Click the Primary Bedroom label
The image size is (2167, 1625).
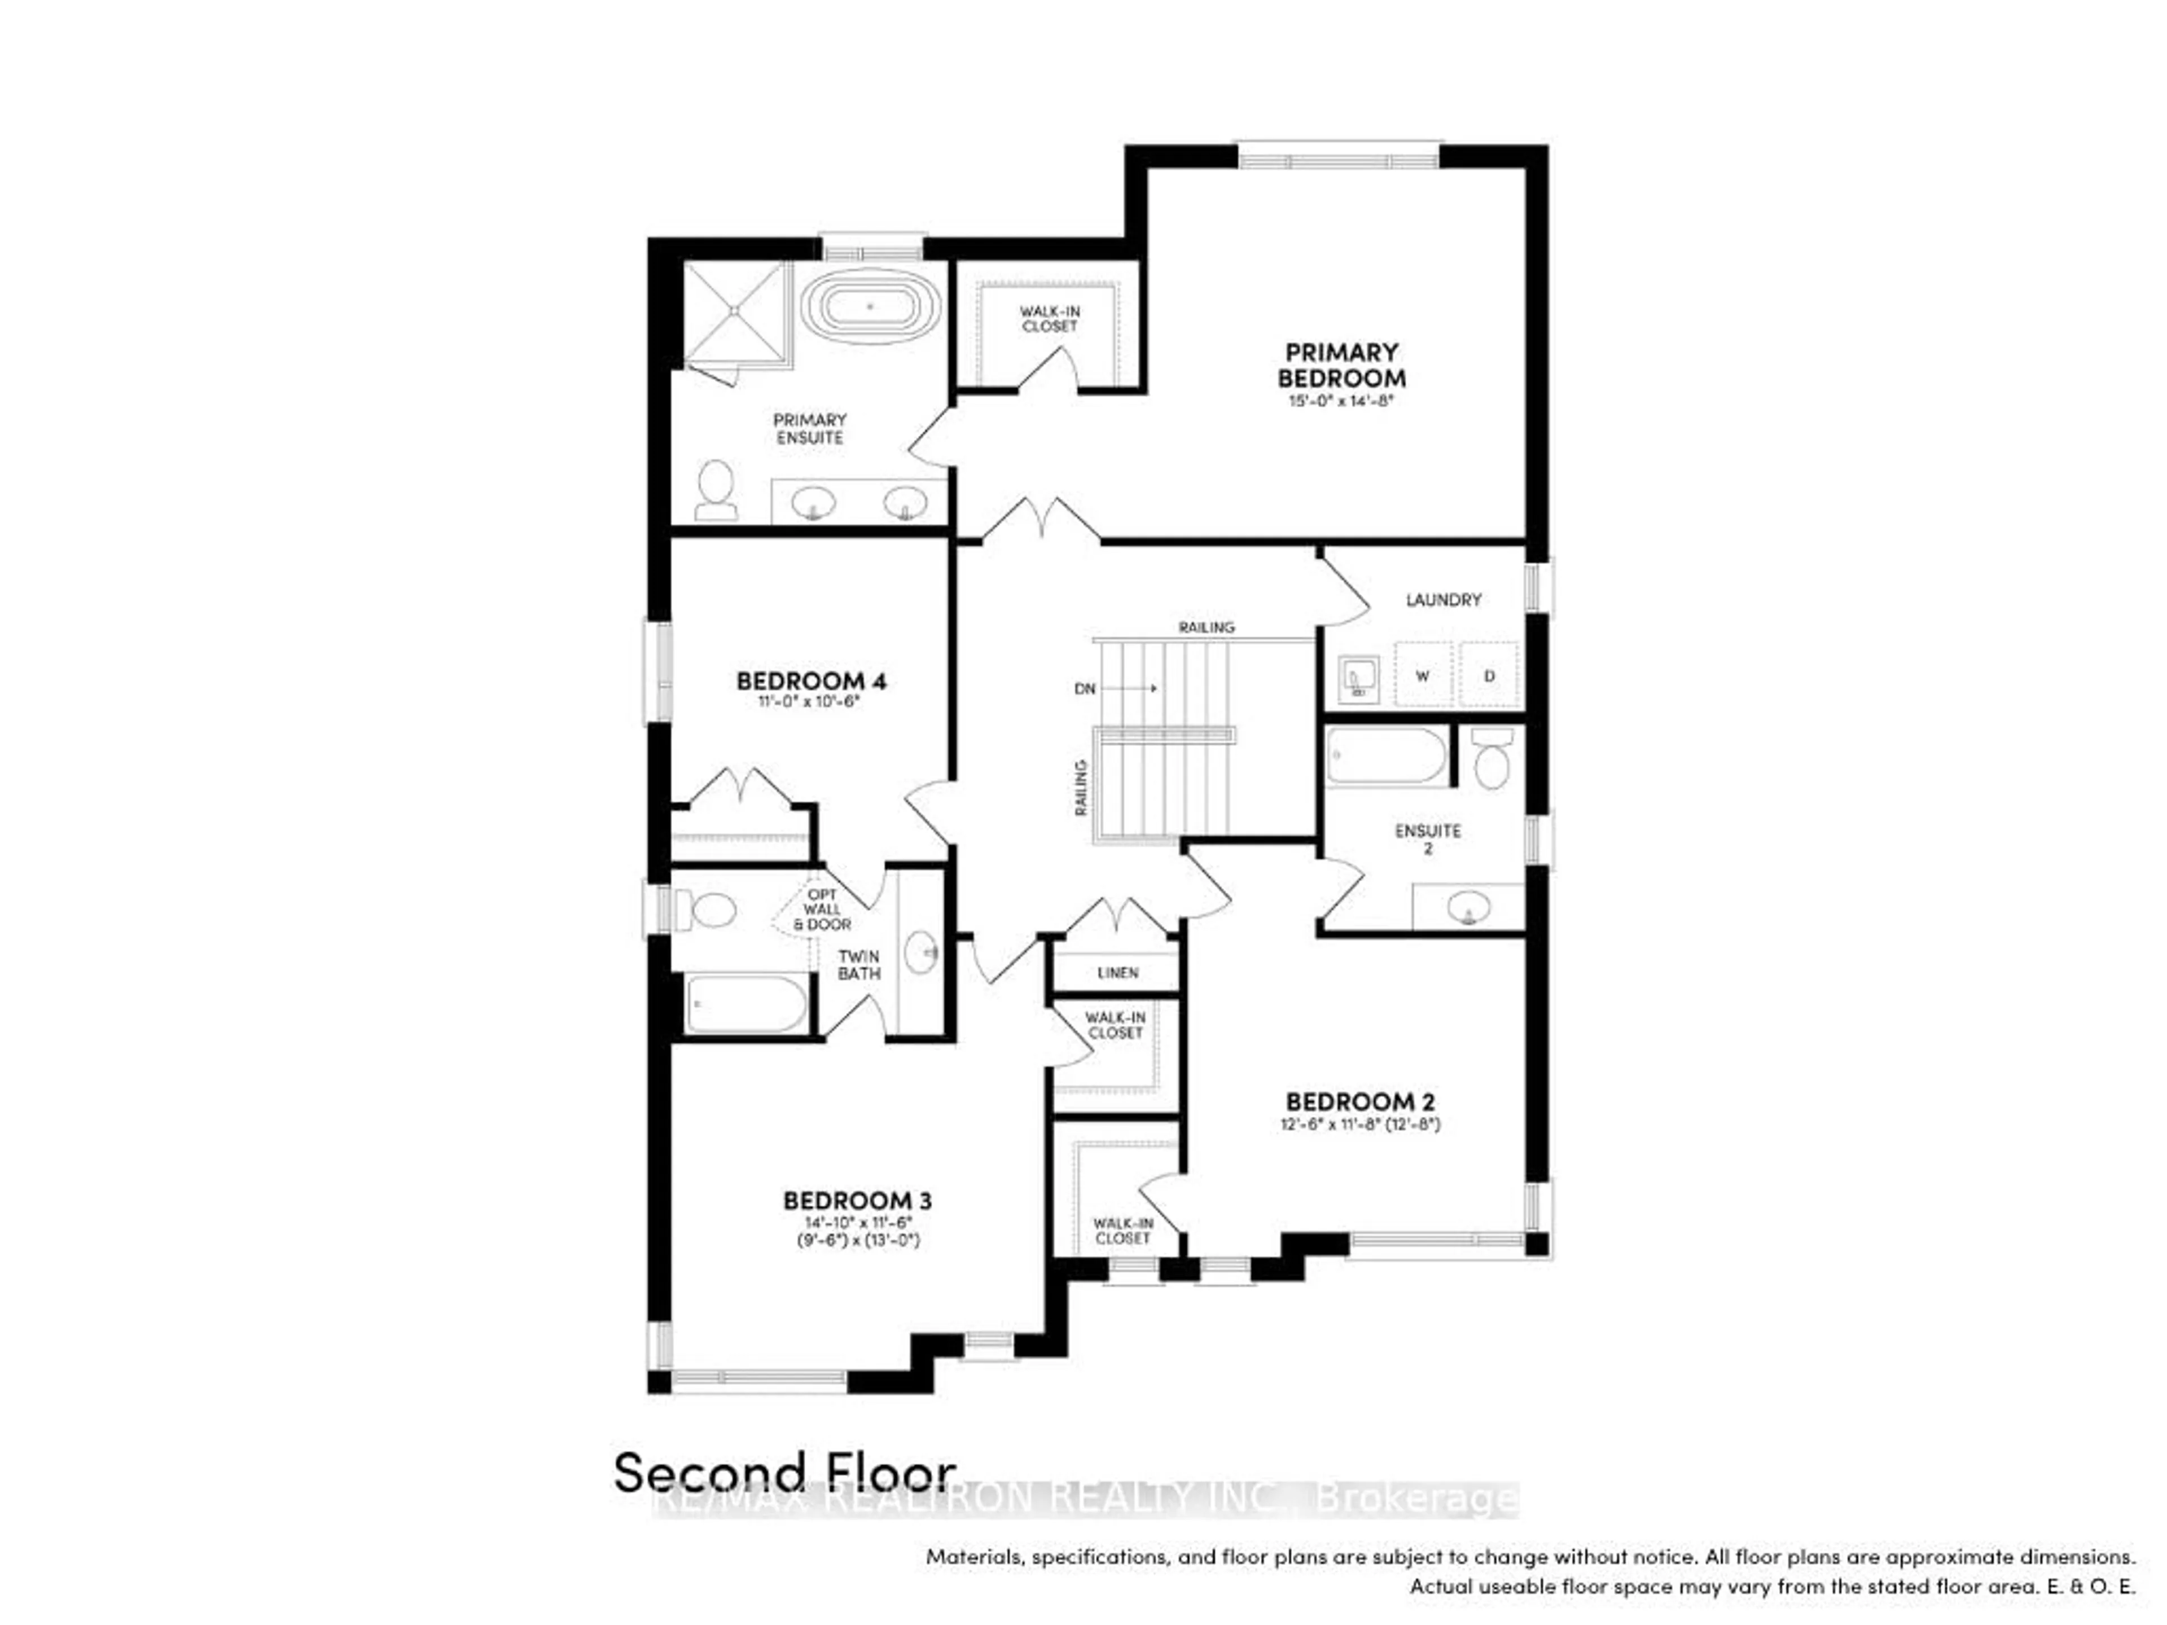(1341, 364)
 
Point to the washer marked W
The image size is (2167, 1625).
(1423, 675)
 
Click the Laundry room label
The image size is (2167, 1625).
(1443, 599)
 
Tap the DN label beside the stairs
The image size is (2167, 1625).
(1085, 688)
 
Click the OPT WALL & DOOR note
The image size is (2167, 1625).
(822, 909)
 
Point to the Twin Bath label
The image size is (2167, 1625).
(858, 965)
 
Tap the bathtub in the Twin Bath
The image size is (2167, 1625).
(747, 1004)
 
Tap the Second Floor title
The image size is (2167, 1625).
(784, 1500)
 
